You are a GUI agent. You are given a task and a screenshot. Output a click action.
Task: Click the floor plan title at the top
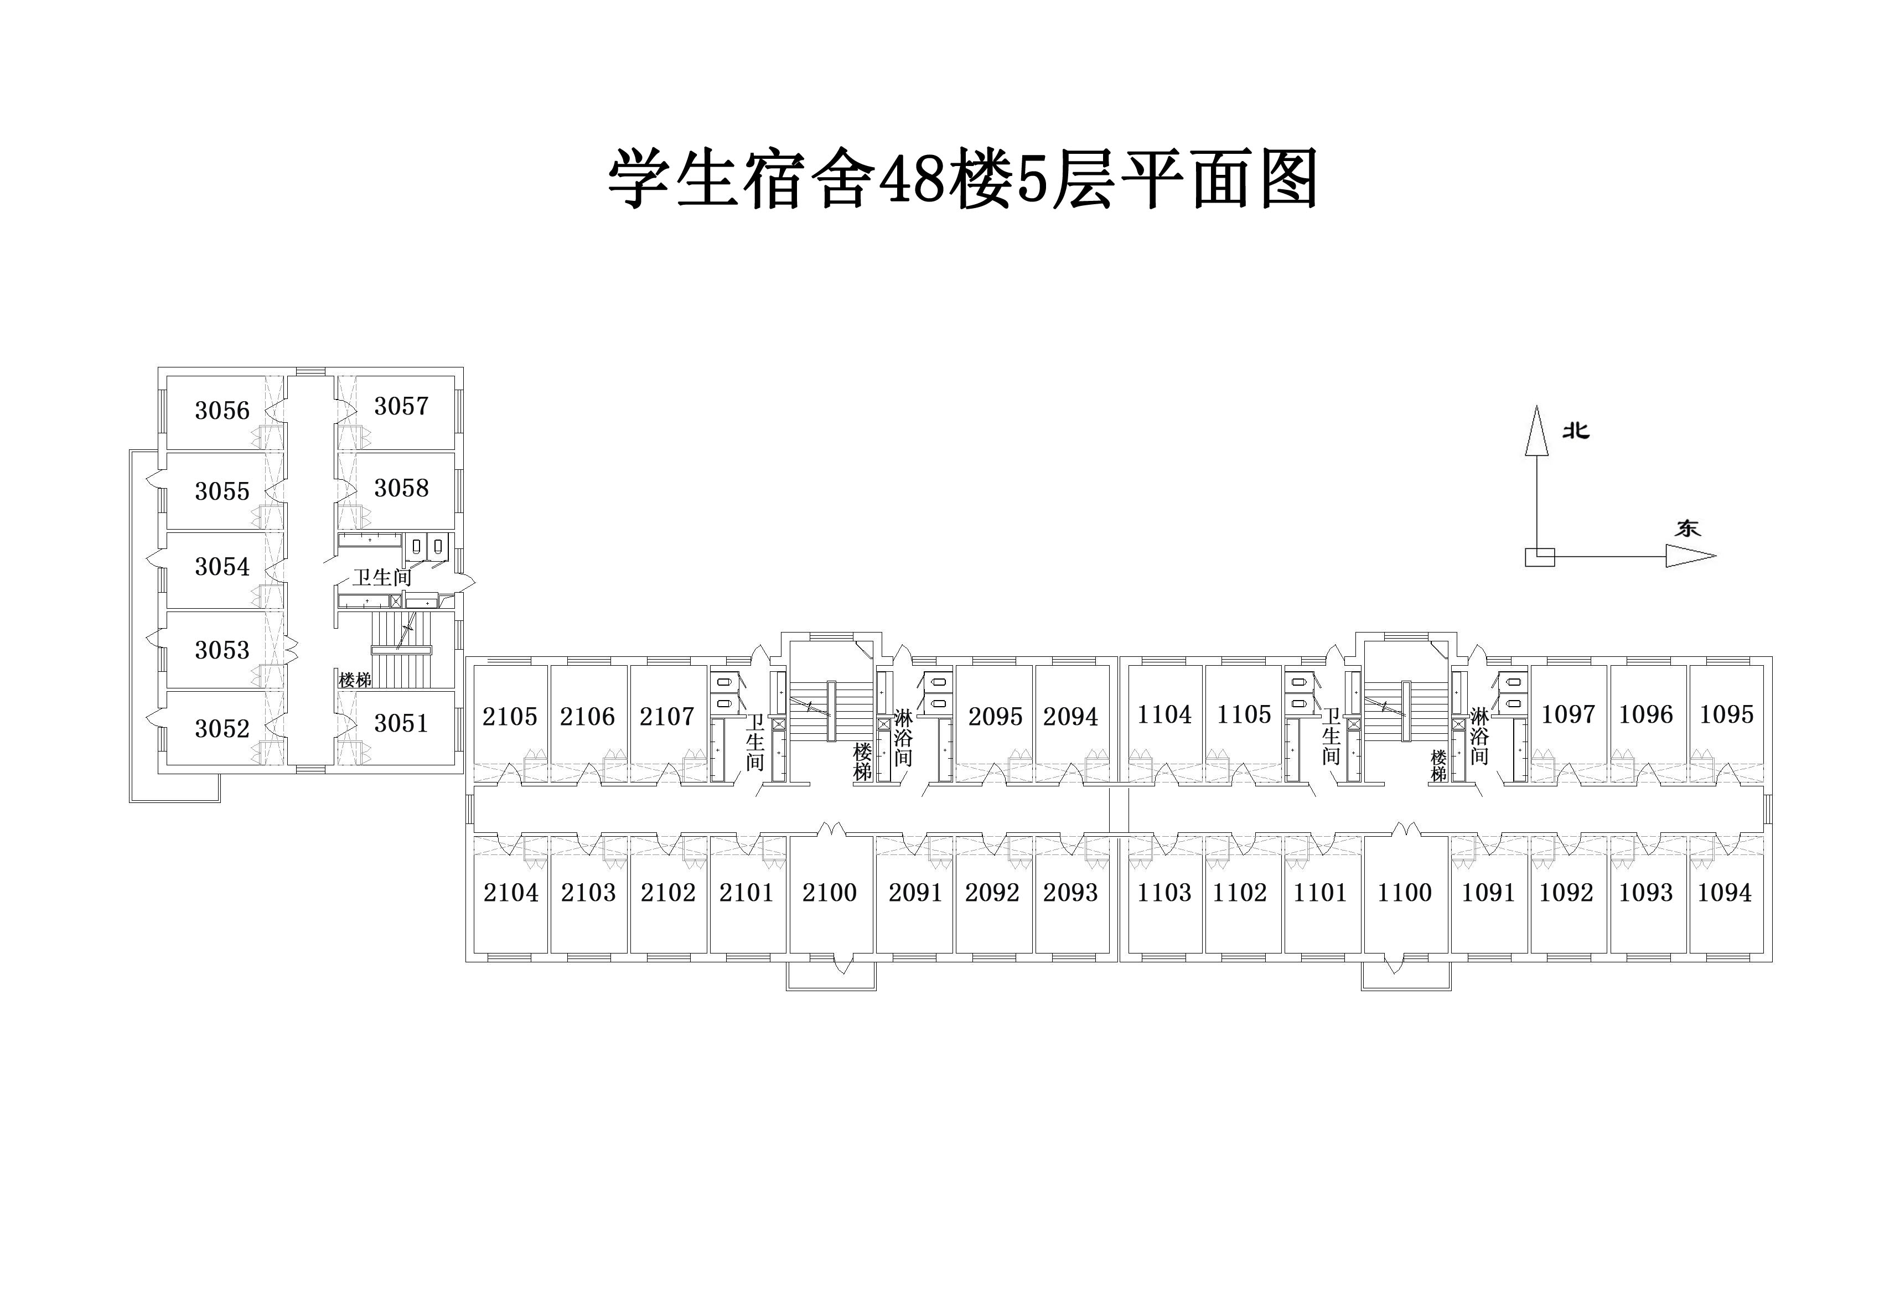tap(962, 178)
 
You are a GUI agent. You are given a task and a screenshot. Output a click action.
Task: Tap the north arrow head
tap(1537, 431)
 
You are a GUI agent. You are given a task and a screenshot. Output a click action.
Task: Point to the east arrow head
tap(1691, 557)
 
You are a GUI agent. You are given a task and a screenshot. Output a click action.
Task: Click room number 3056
tap(222, 410)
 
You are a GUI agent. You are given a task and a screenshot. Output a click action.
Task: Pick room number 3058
tap(401, 488)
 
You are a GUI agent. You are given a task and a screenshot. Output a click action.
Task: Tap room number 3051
tap(401, 723)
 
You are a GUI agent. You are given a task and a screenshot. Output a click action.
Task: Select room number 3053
tap(222, 650)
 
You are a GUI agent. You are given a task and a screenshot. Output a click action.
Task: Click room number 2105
tap(510, 716)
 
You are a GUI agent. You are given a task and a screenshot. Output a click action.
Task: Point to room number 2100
tap(829, 892)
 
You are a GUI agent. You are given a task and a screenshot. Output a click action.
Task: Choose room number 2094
tap(1070, 716)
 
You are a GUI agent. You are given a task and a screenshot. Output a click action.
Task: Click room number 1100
tap(1404, 892)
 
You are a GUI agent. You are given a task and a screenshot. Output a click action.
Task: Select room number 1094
tap(1725, 892)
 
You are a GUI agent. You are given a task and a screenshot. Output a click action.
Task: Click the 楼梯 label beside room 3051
tap(355, 679)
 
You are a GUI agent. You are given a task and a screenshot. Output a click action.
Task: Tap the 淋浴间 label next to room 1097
tap(1479, 735)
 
